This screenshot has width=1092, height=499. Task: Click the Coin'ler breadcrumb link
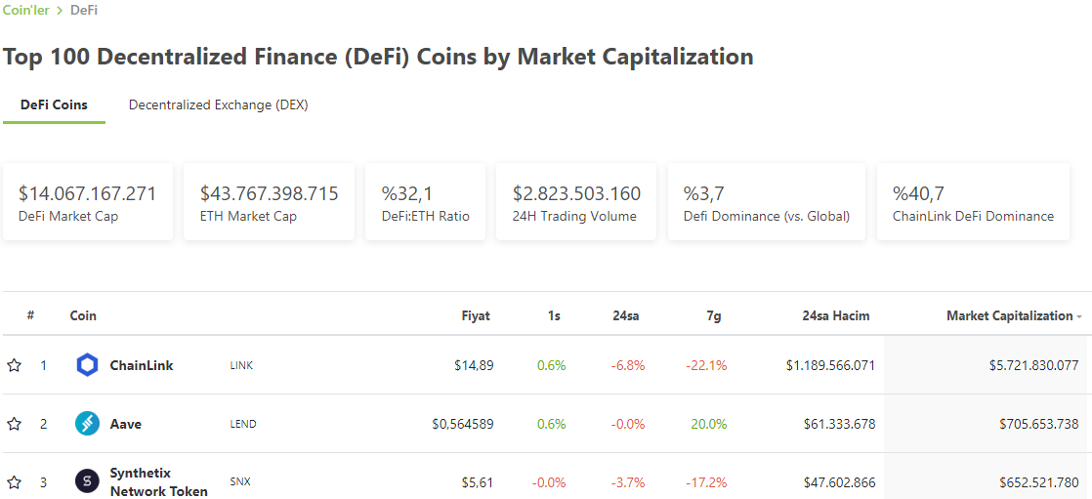click(x=25, y=11)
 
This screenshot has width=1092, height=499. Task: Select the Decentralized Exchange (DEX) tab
click(x=219, y=105)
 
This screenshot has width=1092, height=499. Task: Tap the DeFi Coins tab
click(x=55, y=105)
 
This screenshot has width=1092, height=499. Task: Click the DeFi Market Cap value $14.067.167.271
click(x=88, y=193)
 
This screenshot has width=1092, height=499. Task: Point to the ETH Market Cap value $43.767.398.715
click(x=269, y=193)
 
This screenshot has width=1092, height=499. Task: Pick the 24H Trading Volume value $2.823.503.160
click(x=576, y=193)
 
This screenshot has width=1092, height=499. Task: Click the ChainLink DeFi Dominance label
click(x=973, y=217)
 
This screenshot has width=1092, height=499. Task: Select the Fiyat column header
click(x=476, y=316)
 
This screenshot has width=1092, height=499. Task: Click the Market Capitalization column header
click(x=1010, y=316)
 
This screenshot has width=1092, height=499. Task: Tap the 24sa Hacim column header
click(x=836, y=316)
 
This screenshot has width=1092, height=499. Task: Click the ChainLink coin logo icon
click(x=87, y=365)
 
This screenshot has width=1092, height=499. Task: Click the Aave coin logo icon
click(x=87, y=424)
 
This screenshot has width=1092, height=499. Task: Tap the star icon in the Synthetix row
click(x=14, y=482)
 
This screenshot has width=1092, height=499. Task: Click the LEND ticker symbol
click(x=243, y=424)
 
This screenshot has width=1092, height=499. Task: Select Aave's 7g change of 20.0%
click(x=709, y=424)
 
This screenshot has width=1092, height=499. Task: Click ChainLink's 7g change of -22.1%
click(x=706, y=365)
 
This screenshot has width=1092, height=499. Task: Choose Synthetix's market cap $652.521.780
click(x=1034, y=482)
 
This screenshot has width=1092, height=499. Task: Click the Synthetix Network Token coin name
click(x=159, y=482)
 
